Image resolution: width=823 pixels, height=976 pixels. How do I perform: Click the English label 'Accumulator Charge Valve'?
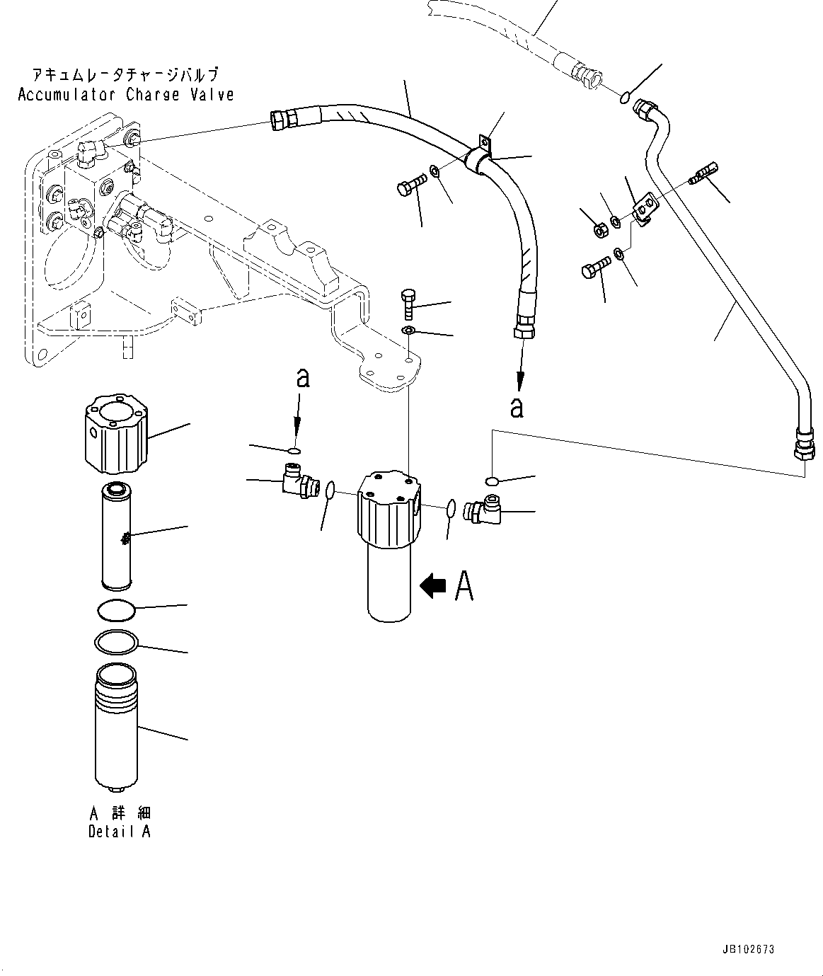point(125,95)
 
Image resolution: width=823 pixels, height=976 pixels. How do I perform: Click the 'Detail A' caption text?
point(119,832)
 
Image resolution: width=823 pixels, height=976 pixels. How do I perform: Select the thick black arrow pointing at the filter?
point(433,585)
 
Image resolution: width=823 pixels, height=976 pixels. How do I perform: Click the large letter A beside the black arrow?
point(464,585)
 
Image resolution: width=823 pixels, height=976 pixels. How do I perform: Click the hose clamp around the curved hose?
point(480,160)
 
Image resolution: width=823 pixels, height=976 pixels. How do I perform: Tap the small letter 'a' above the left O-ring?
point(303,379)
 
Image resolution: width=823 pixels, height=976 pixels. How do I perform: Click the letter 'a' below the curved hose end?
point(517,407)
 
